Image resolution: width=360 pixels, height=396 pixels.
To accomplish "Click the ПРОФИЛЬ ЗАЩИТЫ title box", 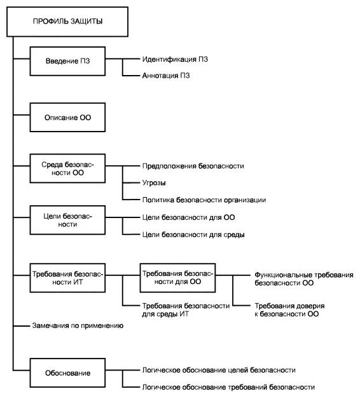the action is pyautogui.click(x=67, y=22).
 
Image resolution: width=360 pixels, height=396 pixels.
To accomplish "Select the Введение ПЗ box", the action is pyautogui.click(x=67, y=61).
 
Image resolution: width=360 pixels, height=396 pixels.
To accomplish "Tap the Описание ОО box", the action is pyautogui.click(x=67, y=117).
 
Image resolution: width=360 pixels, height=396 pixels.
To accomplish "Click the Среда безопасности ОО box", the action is pyautogui.click(x=67, y=168).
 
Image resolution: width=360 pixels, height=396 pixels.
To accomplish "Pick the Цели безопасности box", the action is pyautogui.click(x=67, y=220).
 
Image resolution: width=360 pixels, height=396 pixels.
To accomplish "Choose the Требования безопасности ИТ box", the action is pyautogui.click(x=67, y=278).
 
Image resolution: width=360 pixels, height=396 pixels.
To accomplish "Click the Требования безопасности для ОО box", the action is pyautogui.click(x=177, y=278).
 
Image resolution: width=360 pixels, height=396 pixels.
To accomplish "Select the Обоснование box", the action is pyautogui.click(x=67, y=372).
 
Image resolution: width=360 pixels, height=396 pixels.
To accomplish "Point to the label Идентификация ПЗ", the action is pyautogui.click(x=175, y=59).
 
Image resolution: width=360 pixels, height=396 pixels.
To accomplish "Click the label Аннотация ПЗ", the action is pyautogui.click(x=166, y=76).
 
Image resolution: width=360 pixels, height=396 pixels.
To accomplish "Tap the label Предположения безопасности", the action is pyautogui.click(x=193, y=166).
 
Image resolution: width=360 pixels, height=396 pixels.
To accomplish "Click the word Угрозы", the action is pyautogui.click(x=154, y=183).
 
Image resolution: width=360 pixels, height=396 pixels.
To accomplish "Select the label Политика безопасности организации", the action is pyautogui.click(x=204, y=200).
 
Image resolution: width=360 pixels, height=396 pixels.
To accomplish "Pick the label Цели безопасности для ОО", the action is pyautogui.click(x=188, y=217).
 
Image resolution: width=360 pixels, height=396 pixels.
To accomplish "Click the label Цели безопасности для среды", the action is pyautogui.click(x=193, y=235).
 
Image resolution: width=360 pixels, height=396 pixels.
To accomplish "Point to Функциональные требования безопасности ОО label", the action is pyautogui.click(x=303, y=279).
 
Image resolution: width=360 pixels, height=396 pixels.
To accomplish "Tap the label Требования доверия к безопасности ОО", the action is pyautogui.click(x=289, y=310).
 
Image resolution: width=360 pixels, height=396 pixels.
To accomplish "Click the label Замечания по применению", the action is pyautogui.click(x=78, y=326).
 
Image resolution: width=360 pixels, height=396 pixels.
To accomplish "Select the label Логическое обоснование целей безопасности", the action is pyautogui.click(x=219, y=370).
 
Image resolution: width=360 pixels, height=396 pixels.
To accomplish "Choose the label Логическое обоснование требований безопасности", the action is pyautogui.click(x=228, y=387).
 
